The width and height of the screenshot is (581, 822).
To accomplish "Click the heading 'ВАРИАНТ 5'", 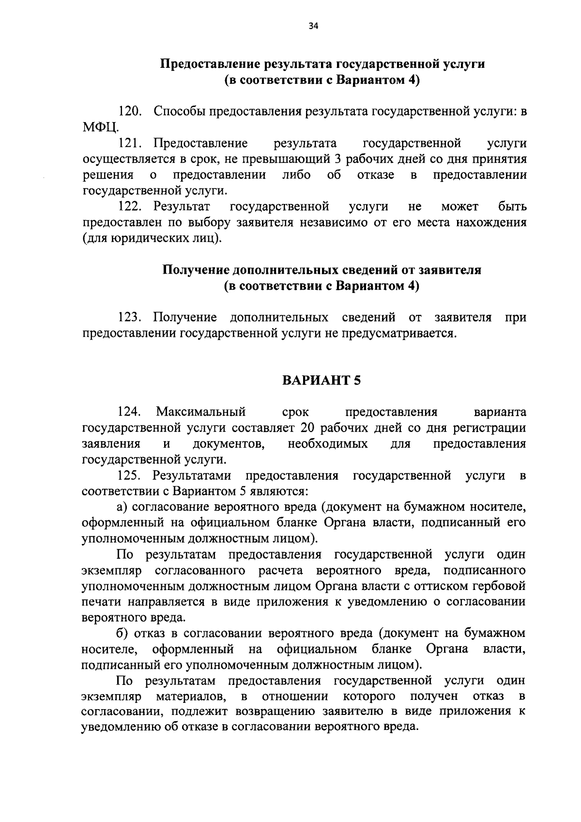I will [321, 380].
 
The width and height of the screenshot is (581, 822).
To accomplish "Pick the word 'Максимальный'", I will [201, 412].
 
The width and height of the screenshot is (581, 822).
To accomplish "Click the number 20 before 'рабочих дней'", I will [308, 428].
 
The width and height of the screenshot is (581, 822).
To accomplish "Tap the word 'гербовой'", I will [501, 587].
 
